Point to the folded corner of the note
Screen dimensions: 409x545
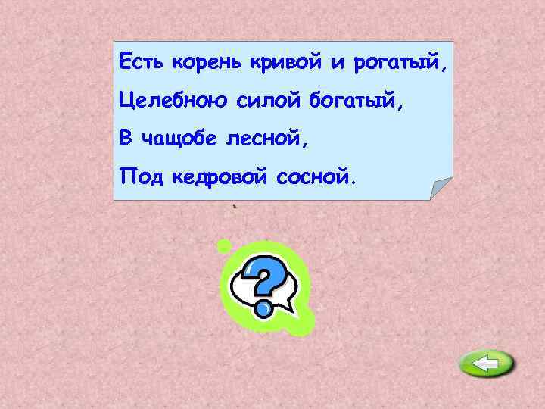tap(441, 189)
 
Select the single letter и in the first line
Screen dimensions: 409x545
tap(337, 63)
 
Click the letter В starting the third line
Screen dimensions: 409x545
tap(126, 139)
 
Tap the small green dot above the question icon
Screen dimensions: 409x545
tap(223, 245)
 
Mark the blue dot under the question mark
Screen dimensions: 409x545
tap(263, 309)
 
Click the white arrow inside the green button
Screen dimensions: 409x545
tap(485, 365)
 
